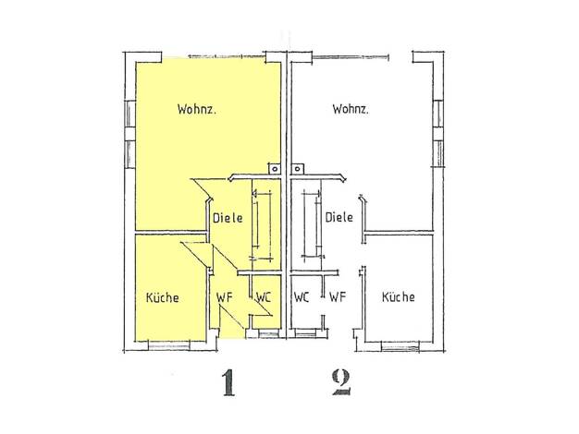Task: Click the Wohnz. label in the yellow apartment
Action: (196, 110)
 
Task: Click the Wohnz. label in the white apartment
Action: (351, 110)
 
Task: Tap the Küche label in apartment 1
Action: (163, 297)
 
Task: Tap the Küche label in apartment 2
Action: (398, 296)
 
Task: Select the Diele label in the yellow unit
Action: (228, 218)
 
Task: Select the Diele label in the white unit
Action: (339, 217)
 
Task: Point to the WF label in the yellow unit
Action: (225, 297)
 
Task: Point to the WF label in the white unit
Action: (338, 296)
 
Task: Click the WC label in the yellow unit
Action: (264, 297)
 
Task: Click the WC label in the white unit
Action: (302, 296)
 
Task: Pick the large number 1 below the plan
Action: (229, 383)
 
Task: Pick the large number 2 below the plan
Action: (341, 382)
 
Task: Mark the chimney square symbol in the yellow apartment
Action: (275, 169)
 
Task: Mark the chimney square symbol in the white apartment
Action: (297, 169)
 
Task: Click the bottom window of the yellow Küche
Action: (169, 345)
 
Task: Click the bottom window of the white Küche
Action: (400, 346)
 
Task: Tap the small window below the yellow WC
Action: (269, 334)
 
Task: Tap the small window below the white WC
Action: (306, 334)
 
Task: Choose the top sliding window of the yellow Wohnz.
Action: (228, 56)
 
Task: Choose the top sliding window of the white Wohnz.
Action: (351, 56)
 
